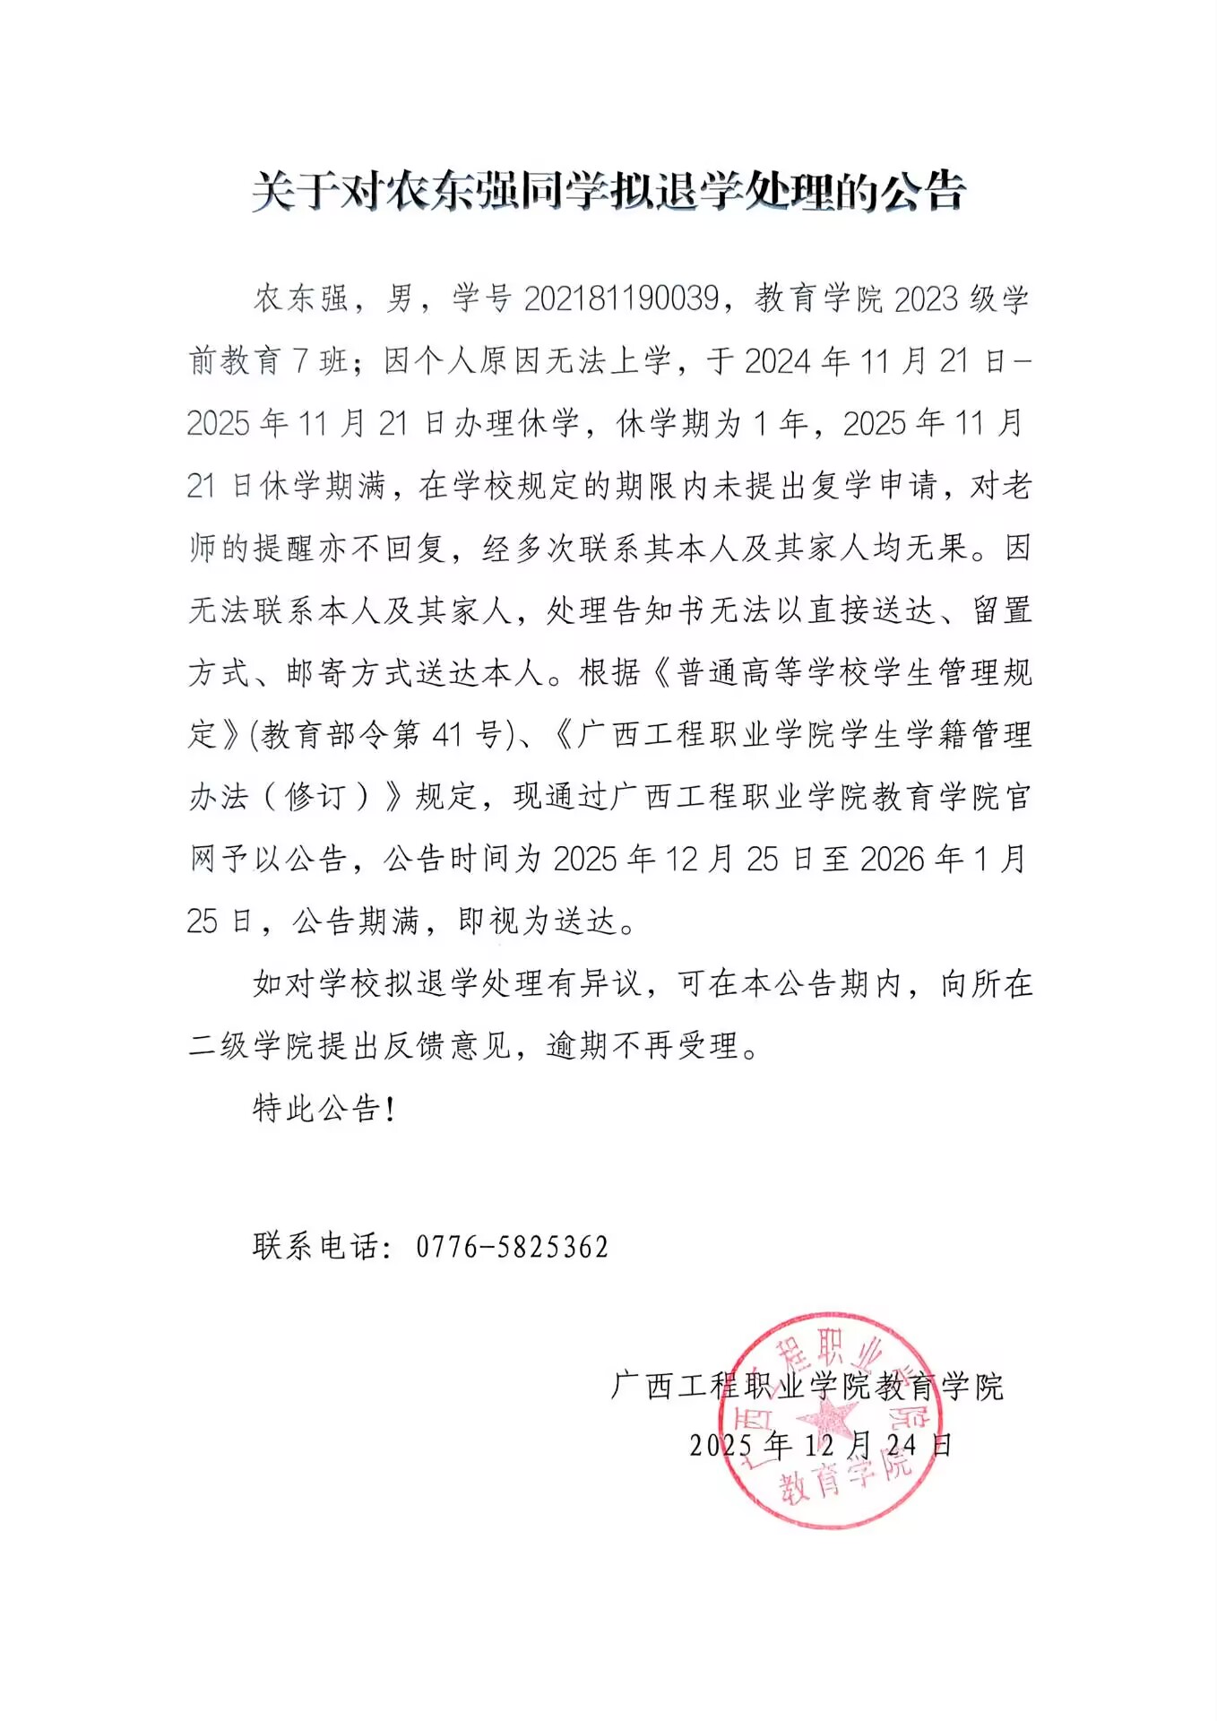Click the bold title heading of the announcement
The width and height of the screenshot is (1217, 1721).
pos(608,191)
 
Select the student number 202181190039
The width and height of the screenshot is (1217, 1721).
pos(621,298)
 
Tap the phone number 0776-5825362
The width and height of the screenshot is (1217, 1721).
pos(512,1247)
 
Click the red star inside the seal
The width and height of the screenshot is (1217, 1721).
pos(826,1419)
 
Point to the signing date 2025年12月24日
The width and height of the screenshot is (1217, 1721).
pos(820,1445)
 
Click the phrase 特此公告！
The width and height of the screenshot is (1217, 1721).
pos(324,1109)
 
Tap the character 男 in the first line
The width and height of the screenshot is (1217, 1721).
pos(401,298)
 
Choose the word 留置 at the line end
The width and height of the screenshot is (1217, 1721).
pos(1002,610)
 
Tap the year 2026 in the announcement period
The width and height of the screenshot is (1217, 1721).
pos(892,860)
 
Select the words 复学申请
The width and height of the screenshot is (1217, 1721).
pos(877,486)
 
